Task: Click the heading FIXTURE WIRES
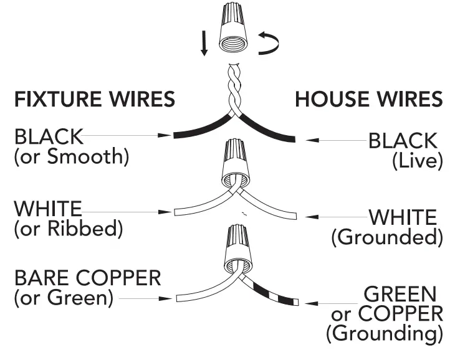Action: pos(94,99)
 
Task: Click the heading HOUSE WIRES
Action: pos(368,99)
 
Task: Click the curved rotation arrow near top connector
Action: pos(269,44)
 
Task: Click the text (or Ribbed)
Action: pos(68,229)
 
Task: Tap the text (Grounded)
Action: pos(384,237)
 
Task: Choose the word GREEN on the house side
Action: pos(400,293)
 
